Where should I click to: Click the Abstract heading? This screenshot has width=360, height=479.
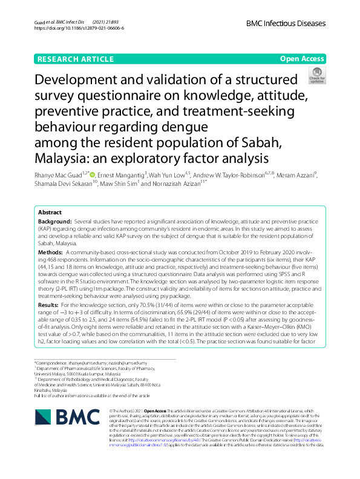click(50, 213)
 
